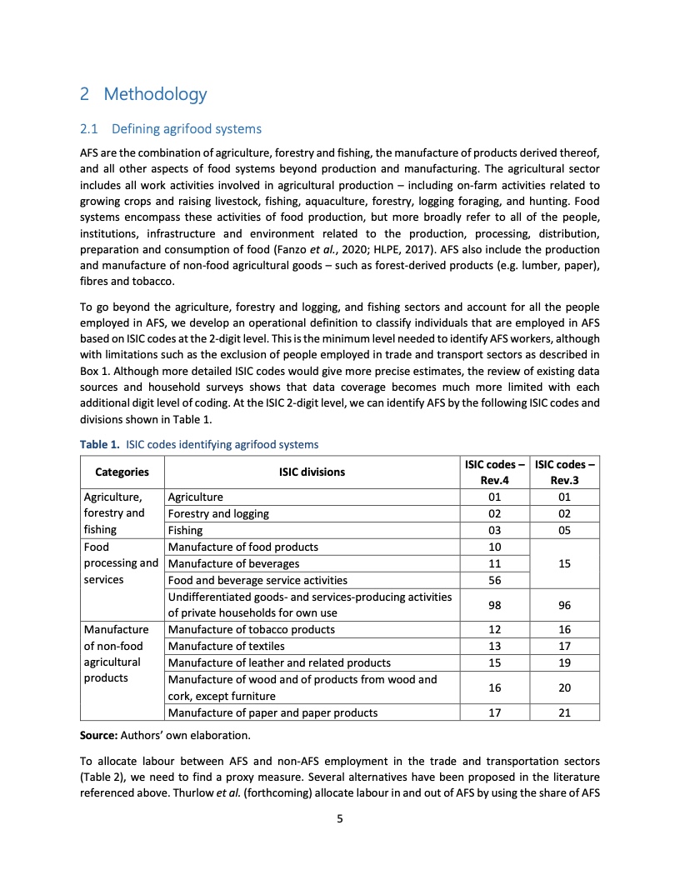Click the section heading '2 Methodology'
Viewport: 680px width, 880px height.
(142, 94)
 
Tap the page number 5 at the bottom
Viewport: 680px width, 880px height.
(340, 818)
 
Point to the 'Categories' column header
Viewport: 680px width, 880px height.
(122, 472)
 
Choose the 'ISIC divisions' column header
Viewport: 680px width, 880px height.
(311, 472)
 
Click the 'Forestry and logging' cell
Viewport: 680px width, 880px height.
(218, 513)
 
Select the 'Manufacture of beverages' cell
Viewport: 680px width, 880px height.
(229, 563)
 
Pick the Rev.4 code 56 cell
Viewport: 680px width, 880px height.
(495, 580)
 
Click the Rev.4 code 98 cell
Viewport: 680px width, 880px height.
(495, 605)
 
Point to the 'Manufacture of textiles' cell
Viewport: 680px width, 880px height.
(226, 646)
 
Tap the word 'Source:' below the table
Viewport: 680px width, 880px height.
(99, 736)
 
